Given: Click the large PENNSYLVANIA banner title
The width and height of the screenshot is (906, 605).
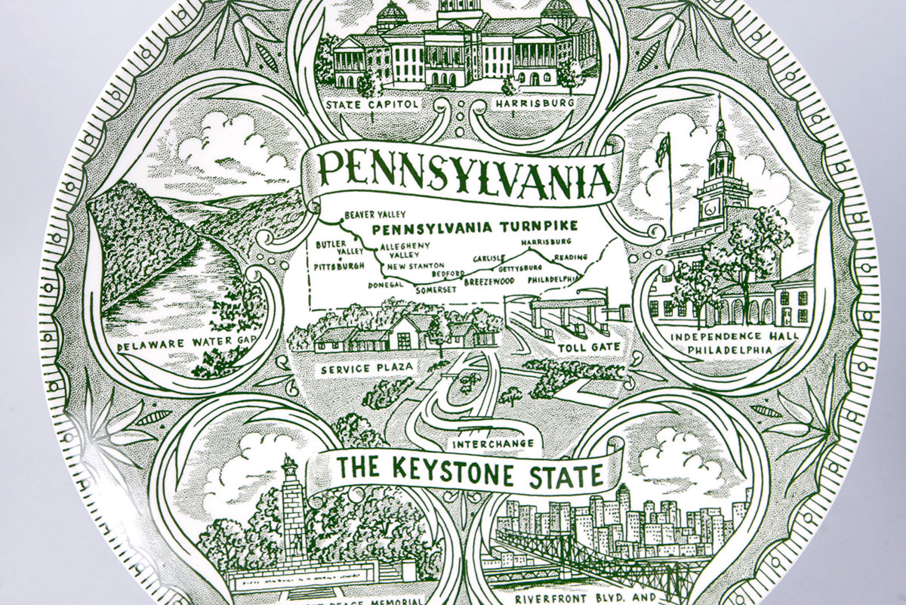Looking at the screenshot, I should pyautogui.click(x=465, y=174).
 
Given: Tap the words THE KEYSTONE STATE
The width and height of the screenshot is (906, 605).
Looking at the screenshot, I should pyautogui.click(x=469, y=471).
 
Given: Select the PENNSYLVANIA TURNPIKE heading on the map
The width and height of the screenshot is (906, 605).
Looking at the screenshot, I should pyautogui.click(x=476, y=227).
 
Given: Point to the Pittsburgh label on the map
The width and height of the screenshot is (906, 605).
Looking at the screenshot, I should pyautogui.click(x=339, y=266).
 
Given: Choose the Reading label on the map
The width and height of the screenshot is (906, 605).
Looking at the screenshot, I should pyautogui.click(x=570, y=257).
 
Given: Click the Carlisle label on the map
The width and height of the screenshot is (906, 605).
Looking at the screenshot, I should pyautogui.click(x=489, y=258).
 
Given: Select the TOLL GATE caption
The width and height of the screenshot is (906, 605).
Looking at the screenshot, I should pyautogui.click(x=589, y=347).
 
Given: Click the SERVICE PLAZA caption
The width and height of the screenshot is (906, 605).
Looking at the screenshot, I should pyautogui.click(x=356, y=369).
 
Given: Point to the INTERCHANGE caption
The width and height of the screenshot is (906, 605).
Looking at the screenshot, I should pyautogui.click(x=493, y=443).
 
